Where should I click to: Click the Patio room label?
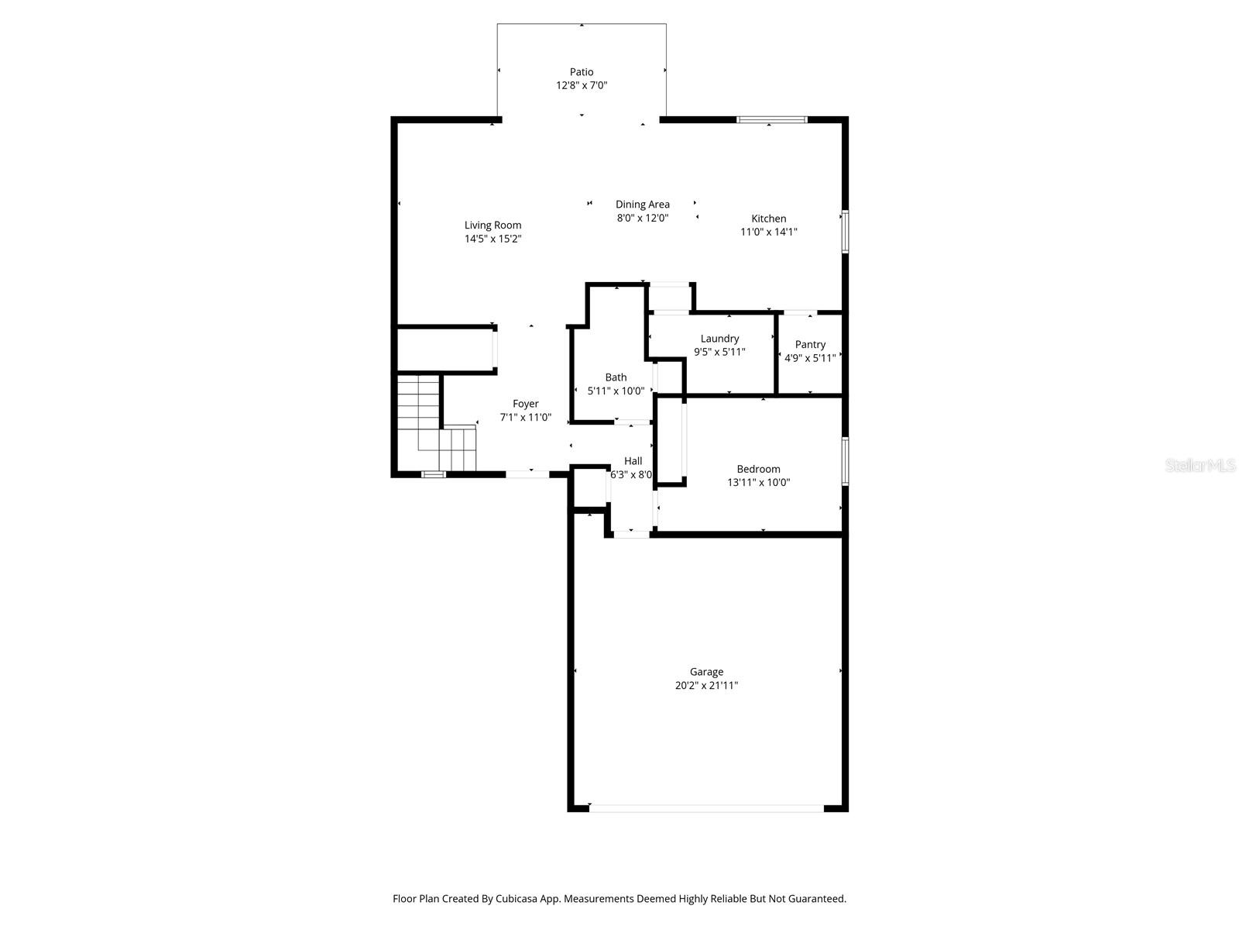582,72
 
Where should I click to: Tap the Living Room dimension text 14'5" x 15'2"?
493,239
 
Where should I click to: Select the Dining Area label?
643,205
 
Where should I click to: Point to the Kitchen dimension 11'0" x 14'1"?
768,232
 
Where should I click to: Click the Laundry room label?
719,339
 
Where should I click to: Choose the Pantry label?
810,344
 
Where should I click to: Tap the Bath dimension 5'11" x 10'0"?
616,391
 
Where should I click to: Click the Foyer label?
525,404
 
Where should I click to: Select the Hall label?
633,461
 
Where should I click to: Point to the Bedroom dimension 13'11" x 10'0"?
758,482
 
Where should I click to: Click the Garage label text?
706,672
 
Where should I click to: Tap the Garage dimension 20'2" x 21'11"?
706,685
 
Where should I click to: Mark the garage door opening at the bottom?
706,808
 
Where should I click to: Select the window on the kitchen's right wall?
845,231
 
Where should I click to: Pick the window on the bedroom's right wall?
845,461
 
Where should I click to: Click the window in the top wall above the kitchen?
771,119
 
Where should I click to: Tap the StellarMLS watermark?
1200,465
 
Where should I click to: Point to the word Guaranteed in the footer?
815,899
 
